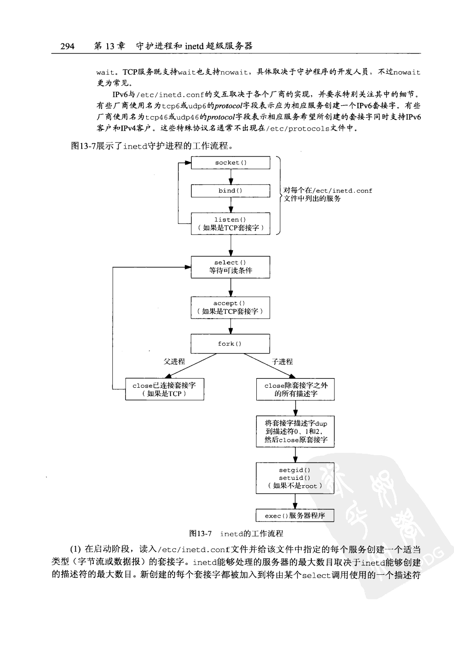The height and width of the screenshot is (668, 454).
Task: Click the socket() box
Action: [x=230, y=162]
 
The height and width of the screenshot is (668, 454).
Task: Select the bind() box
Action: [x=230, y=191]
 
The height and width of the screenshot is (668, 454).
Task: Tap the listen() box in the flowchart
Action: [x=230, y=223]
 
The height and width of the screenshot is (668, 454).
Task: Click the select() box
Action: [x=230, y=267]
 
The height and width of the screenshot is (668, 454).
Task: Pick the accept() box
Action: [x=230, y=307]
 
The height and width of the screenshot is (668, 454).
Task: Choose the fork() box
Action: [x=230, y=344]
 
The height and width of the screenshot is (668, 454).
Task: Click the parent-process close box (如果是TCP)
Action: [x=164, y=389]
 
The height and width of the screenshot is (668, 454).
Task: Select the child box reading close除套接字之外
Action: [x=296, y=389]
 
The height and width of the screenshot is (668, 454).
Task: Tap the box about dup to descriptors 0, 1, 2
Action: [x=296, y=431]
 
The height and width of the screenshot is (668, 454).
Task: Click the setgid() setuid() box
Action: [x=296, y=478]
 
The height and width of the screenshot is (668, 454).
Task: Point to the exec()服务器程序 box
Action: [x=296, y=516]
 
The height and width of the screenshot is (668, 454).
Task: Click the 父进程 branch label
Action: [x=174, y=362]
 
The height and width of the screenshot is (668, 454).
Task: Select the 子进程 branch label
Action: [x=282, y=362]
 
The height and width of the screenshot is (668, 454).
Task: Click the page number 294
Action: [x=67, y=46]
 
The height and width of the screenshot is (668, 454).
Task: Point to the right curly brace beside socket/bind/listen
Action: [x=279, y=195]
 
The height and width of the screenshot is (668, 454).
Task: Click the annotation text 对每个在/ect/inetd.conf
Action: [x=327, y=191]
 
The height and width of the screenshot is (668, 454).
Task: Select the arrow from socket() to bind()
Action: [x=230, y=177]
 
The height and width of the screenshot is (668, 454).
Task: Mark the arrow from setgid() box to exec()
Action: [x=296, y=501]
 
